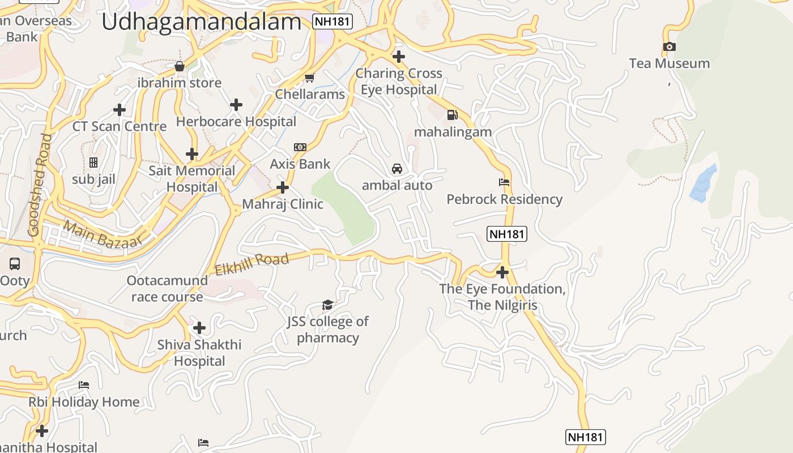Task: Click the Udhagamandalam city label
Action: pyautogui.click(x=201, y=22)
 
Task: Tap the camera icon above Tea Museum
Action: pyautogui.click(x=669, y=46)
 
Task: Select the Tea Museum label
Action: pyautogui.click(x=669, y=63)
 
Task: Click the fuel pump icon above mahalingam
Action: pyautogui.click(x=452, y=115)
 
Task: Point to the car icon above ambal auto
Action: pyautogui.click(x=397, y=169)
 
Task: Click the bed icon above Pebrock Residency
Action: pyautogui.click(x=504, y=182)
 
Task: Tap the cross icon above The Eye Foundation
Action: pyautogui.click(x=502, y=272)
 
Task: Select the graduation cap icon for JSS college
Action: pyautogui.click(x=327, y=305)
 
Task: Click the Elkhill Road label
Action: pyautogui.click(x=252, y=264)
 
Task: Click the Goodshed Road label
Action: pyautogui.click(x=40, y=185)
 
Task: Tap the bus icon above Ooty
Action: pyautogui.click(x=15, y=263)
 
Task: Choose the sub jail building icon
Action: pyautogui.click(x=93, y=163)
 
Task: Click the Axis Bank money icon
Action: pyautogui.click(x=300, y=147)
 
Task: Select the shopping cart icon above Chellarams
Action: pyautogui.click(x=309, y=78)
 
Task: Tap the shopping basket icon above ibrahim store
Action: pyautogui.click(x=180, y=66)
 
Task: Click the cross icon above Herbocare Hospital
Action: pyautogui.click(x=236, y=105)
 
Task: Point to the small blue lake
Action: pyautogui.click(x=704, y=183)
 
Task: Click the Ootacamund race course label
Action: pyautogui.click(x=167, y=289)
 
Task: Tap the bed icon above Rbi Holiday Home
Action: pyautogui.click(x=84, y=385)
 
